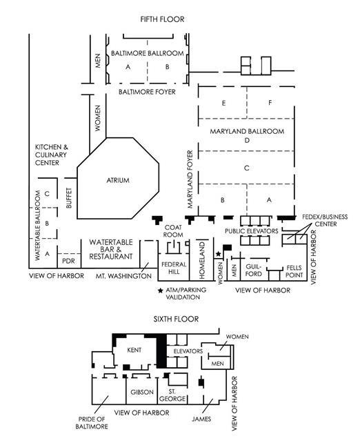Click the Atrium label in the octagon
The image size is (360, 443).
(118, 180)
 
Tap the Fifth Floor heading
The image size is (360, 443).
(162, 19)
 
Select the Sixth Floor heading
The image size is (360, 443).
(176, 319)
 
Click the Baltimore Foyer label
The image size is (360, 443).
(147, 92)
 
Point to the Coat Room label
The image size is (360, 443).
(173, 231)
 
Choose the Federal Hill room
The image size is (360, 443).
(174, 268)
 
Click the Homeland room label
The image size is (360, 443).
(202, 260)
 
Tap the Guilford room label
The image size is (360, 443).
(254, 270)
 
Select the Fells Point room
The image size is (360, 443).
(294, 271)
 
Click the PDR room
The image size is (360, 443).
(68, 261)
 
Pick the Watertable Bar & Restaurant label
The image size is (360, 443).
(110, 250)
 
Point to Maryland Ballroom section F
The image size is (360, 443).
(270, 103)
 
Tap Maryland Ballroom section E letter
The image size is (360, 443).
(223, 103)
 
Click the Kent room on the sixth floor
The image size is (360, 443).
(134, 350)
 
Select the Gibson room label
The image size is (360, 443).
(142, 392)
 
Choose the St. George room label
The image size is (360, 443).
(172, 395)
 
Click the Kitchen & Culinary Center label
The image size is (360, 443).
(52, 155)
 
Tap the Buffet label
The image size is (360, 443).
(68, 198)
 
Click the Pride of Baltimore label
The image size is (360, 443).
(92, 423)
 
